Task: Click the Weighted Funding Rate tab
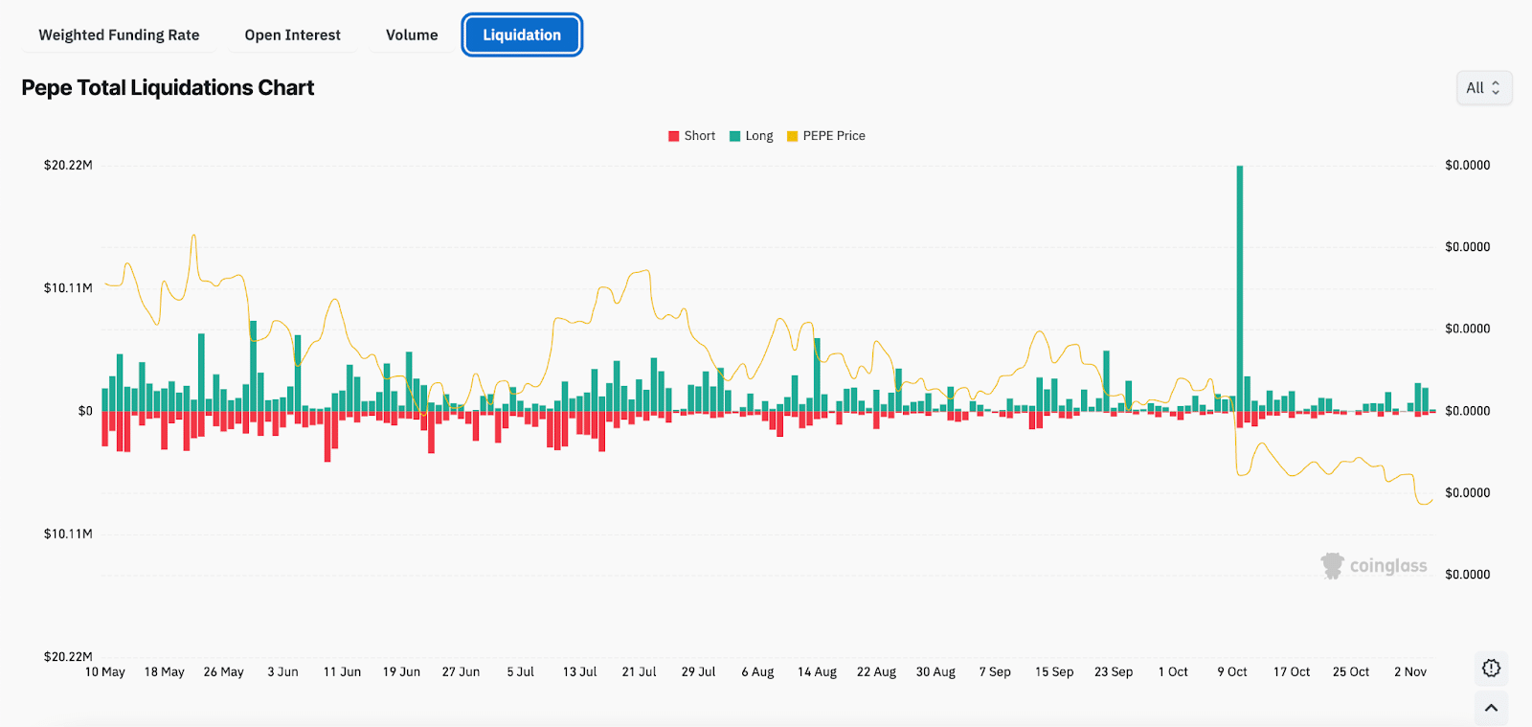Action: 119,35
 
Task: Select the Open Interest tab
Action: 292,35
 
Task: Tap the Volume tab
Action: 412,35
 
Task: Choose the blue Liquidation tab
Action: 522,35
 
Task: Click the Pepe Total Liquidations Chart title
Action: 168,88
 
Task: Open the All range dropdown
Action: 1483,88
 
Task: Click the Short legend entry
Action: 692,136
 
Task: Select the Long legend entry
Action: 752,136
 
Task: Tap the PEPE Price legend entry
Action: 825,136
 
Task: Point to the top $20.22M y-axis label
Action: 68,166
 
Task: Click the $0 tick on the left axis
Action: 85,411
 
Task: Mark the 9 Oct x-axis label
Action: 1232,672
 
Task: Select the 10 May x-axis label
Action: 105,672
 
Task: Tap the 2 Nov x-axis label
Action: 1410,672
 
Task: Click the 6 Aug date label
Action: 757,672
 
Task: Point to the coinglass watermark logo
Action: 1374,566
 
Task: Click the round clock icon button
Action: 1491,669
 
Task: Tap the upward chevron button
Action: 1491,708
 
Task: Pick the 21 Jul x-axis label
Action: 639,672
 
